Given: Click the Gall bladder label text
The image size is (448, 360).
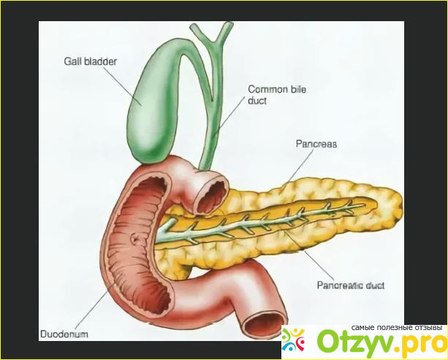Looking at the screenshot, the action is (x=91, y=61).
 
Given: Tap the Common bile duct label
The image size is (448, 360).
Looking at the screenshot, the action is (x=277, y=95).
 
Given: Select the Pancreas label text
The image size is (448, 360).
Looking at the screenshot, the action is (x=316, y=144).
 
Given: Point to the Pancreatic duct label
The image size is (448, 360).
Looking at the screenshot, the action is (x=351, y=286).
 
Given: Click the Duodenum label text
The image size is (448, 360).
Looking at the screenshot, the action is (x=64, y=334).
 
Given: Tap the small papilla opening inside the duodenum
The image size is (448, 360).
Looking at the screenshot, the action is (x=134, y=237).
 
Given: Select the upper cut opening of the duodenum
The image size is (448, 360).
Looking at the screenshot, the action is (x=212, y=197).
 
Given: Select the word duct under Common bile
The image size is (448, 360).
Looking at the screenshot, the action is (x=257, y=101).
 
